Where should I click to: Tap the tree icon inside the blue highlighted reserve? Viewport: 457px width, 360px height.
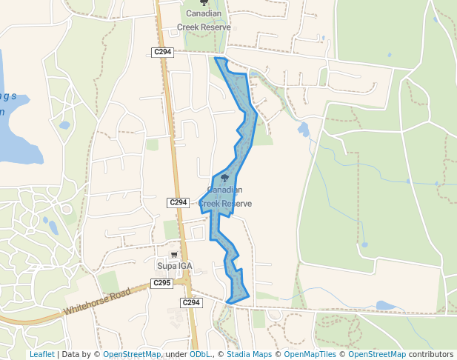[225, 178]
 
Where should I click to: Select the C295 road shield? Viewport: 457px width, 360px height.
[161, 283]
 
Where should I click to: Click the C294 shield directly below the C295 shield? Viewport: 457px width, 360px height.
[191, 302]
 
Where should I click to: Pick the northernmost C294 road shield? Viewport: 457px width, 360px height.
[162, 52]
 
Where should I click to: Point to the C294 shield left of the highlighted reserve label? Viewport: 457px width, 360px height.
[178, 202]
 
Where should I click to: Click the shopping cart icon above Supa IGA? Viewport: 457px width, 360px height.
[174, 255]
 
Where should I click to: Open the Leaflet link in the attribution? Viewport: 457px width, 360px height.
[41, 354]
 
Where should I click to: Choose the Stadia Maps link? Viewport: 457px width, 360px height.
[249, 354]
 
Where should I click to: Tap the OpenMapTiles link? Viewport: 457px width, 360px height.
[310, 354]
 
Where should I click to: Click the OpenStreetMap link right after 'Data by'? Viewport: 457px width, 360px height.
[132, 354]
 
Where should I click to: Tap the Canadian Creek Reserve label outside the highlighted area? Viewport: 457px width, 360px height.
[204, 20]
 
